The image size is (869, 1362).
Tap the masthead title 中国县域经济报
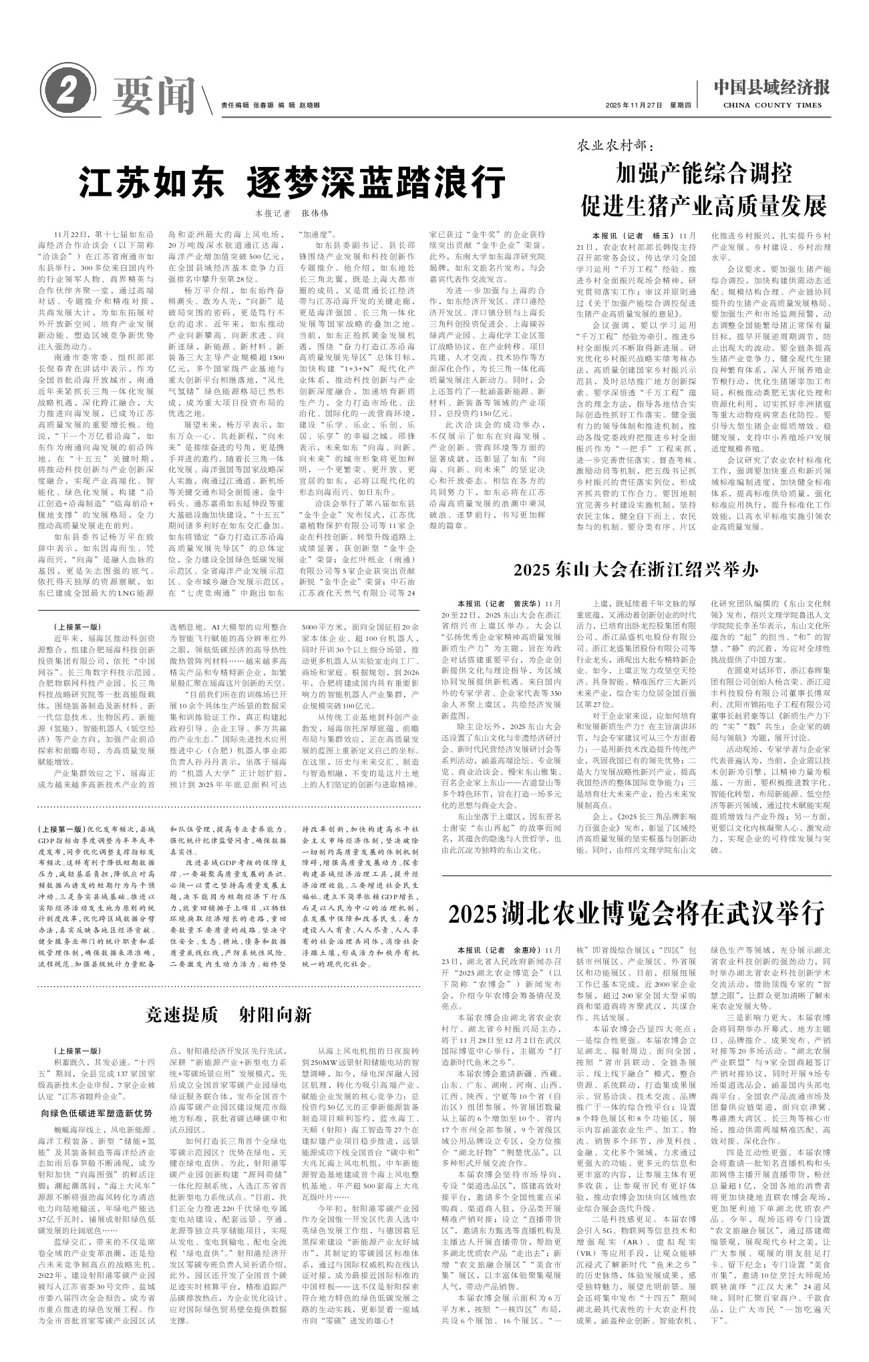771,87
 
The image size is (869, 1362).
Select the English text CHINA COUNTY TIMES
771,105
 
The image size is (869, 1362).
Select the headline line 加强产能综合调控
704,174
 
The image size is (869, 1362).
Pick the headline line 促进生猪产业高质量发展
704,205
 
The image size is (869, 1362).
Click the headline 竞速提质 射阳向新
229,1015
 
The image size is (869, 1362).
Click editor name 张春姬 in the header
264,105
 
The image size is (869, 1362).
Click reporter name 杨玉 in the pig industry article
661,236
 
